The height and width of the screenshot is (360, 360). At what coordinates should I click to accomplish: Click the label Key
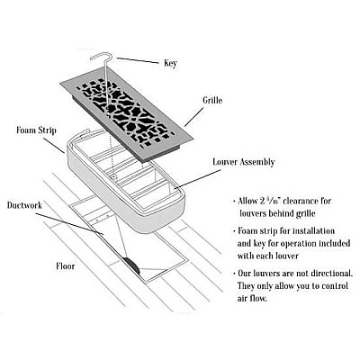(x=170, y=63)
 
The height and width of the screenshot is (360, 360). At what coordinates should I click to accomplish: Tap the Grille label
(x=212, y=100)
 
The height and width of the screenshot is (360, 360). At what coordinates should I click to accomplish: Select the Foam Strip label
(x=36, y=130)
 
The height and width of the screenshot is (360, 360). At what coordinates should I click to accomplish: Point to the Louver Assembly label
(x=244, y=162)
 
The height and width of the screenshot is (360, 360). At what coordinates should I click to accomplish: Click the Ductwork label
(x=24, y=205)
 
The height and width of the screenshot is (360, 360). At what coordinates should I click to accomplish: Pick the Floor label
(x=66, y=265)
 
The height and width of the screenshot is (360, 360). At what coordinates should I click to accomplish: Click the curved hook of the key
(x=101, y=57)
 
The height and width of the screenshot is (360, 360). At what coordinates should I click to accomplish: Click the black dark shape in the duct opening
(x=131, y=265)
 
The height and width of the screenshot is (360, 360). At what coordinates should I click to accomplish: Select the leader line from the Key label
(x=138, y=60)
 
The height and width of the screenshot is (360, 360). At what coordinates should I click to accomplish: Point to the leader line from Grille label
(x=194, y=117)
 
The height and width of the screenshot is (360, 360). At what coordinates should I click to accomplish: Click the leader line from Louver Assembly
(x=197, y=179)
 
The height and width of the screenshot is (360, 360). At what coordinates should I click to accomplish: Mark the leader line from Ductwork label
(x=69, y=223)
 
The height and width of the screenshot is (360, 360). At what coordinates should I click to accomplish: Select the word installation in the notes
(x=313, y=231)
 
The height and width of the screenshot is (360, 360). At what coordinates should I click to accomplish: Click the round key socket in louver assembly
(x=113, y=177)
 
